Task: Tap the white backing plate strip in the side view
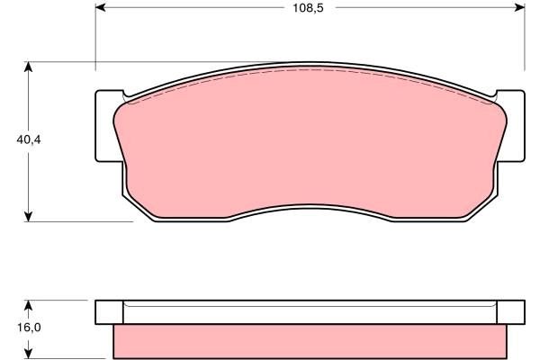pos(310,312)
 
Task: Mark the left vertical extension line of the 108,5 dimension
pos(94,36)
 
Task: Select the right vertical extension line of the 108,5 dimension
pos(525,36)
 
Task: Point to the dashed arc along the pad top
pos(310,72)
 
